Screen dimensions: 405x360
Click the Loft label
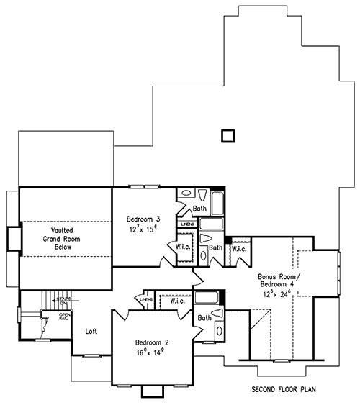[91, 331]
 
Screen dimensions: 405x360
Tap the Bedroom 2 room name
[152, 342]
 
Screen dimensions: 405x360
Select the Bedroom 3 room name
[143, 219]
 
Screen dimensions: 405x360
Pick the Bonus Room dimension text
[276, 294]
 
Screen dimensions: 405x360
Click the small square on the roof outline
[228, 135]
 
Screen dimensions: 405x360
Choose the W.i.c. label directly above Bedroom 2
[176, 301]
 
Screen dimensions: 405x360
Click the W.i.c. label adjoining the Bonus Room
[239, 249]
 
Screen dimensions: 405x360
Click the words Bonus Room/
[279, 276]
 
